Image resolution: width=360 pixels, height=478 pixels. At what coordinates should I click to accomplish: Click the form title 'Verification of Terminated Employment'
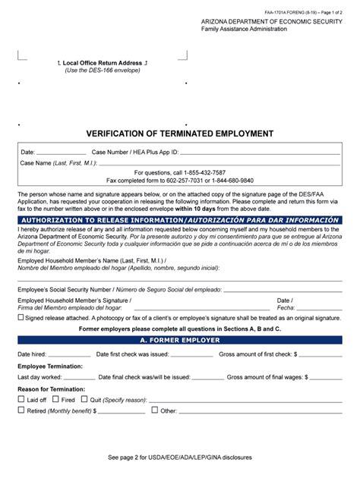pos(179,134)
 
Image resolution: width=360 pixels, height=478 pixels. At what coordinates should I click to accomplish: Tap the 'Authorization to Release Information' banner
pos(179,219)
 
